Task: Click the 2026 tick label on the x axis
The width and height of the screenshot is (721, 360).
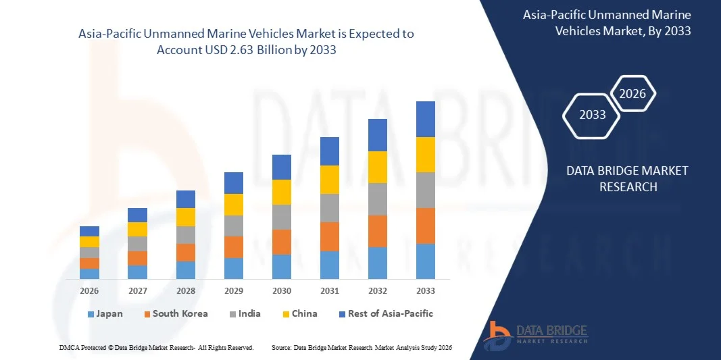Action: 89,290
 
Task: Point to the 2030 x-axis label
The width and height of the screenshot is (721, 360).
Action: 282,290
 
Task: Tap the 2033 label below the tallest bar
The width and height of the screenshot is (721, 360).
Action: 426,290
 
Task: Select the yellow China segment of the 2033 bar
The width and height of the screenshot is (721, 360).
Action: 426,155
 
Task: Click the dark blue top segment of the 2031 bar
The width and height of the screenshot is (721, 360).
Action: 330,151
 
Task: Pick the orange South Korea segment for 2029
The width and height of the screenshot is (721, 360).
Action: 234,247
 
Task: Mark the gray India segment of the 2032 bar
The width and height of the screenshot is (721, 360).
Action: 378,199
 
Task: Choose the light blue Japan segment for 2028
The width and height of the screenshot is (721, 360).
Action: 186,269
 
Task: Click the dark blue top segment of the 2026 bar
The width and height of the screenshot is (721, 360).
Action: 89,231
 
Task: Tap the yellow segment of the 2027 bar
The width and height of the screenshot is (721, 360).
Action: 137,229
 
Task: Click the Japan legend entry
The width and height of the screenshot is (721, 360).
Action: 105,313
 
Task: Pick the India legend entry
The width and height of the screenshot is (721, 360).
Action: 244,313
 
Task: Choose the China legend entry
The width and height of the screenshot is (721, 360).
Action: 299,313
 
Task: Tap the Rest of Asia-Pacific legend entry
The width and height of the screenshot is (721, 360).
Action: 385,313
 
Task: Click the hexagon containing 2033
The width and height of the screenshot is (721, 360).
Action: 593,115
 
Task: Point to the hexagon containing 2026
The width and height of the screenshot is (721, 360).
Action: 633,94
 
